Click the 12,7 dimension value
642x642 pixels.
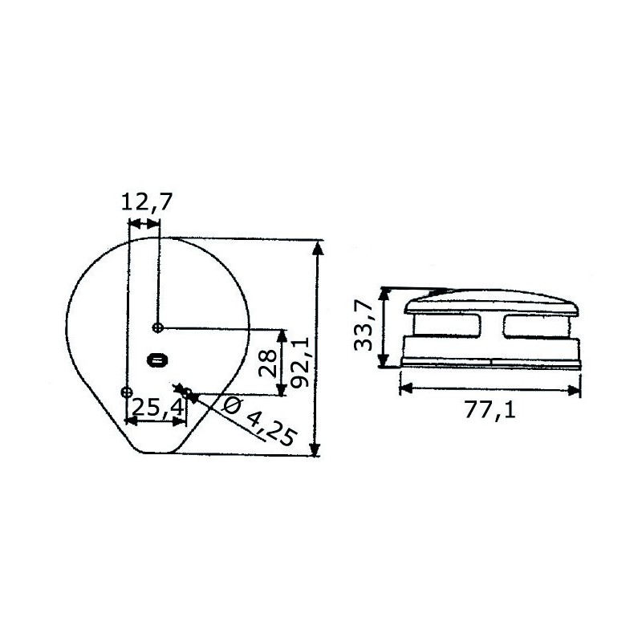point(147,202)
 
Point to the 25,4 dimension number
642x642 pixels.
point(156,408)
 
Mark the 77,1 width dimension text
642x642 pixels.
point(490,410)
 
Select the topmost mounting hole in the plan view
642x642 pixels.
point(159,327)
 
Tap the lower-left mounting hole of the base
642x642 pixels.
point(126,392)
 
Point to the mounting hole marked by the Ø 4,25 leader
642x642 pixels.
point(187,393)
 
